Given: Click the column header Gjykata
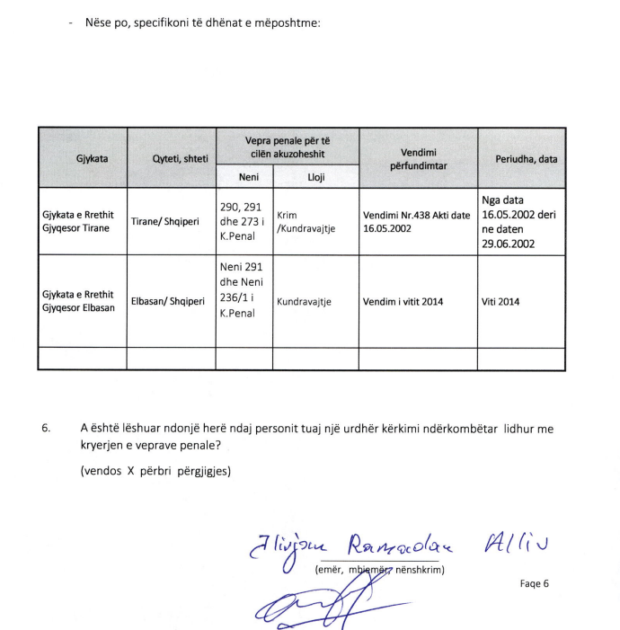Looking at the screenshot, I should pyautogui.click(x=81, y=158).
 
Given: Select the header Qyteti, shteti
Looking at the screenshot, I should pyautogui.click(x=171, y=159).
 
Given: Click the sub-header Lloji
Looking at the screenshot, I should pyautogui.click(x=315, y=177).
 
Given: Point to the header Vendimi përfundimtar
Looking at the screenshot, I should pyautogui.click(x=418, y=159).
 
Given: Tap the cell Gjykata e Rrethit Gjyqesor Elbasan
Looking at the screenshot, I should pyautogui.click(x=78, y=301).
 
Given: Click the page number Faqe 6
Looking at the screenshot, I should pyautogui.click(x=534, y=583).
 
